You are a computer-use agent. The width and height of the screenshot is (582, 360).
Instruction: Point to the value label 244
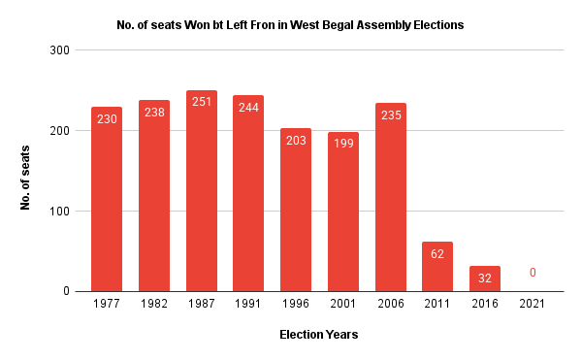tap(248, 108)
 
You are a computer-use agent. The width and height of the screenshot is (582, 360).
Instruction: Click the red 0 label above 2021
tap(532, 274)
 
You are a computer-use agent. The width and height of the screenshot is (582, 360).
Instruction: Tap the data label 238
tap(154, 112)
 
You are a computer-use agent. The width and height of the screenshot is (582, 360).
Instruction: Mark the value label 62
tap(437, 254)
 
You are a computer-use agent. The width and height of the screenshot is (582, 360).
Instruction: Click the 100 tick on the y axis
tap(58, 212)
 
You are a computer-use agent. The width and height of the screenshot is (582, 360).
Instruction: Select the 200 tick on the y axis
tap(58, 130)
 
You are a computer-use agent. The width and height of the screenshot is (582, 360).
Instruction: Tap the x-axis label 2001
tap(342, 304)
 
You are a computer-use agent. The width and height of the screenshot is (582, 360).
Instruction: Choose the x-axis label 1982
tap(154, 304)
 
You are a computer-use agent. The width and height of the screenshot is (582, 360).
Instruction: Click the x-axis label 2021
tap(532, 304)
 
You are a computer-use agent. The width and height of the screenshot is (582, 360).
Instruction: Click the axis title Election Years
tap(318, 335)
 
